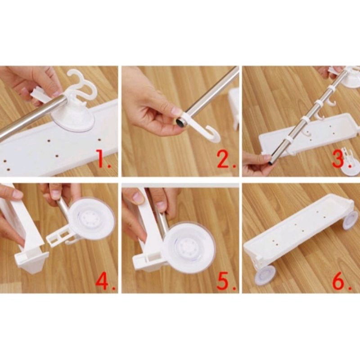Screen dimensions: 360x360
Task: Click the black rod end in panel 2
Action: pyautogui.click(x=181, y=122)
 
